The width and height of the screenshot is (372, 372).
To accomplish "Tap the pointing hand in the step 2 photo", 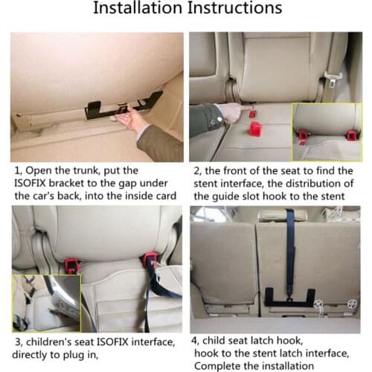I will (x=228, y=112).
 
